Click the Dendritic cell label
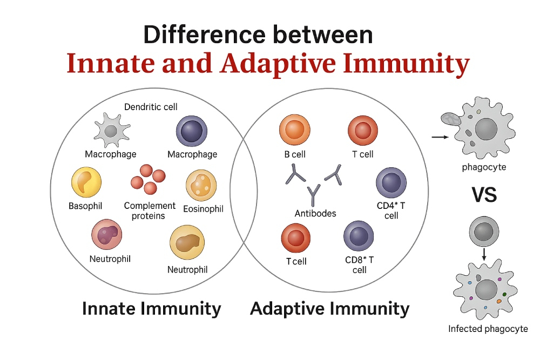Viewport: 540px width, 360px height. point(151,107)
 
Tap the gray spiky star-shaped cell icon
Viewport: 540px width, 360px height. point(111,131)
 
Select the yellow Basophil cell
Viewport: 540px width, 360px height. point(86,182)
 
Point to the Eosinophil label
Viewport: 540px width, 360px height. point(203,209)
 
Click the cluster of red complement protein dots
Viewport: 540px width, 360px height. point(148,179)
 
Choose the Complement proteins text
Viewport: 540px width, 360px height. point(150,210)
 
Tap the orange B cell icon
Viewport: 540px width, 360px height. point(295,130)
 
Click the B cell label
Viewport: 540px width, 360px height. point(295,154)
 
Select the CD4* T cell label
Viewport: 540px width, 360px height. point(391,210)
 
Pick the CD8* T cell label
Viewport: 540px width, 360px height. point(359,265)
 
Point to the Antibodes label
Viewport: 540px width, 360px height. point(315,213)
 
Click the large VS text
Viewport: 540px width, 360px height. point(484,195)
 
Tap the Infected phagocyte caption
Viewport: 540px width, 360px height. point(488,329)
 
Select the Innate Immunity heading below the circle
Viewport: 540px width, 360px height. point(152,308)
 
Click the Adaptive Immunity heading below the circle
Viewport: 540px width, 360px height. point(329,308)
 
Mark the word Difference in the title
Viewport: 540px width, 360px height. point(205,35)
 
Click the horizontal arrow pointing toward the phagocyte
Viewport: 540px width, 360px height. point(440,137)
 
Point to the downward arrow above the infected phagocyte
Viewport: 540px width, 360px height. point(484,254)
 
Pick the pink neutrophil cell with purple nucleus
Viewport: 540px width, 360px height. point(107,235)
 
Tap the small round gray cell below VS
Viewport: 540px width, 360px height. point(484,232)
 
